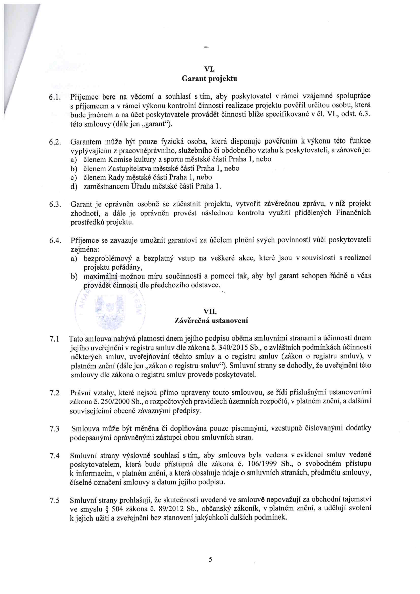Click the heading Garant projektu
click(209, 79)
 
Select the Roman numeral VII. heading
click(210, 311)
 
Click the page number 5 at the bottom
click(210, 559)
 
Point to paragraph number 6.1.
click(55, 97)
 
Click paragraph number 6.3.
click(55, 205)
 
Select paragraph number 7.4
click(55, 456)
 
